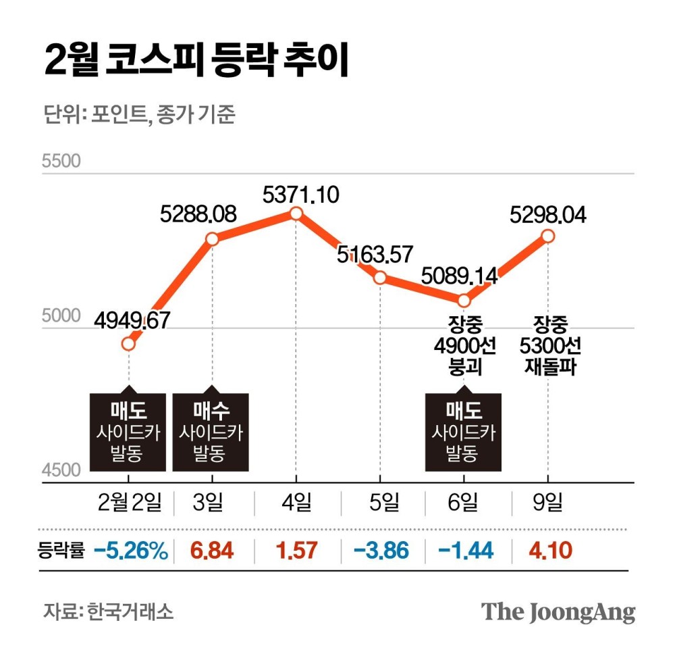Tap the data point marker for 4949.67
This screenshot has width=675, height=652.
tap(128, 344)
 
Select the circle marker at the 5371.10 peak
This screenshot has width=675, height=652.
tap(296, 214)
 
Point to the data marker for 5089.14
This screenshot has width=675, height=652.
tap(464, 300)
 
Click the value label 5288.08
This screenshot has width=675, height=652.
tap(198, 215)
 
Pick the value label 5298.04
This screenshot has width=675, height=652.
tap(548, 215)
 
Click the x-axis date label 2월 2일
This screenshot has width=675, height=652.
tap(130, 502)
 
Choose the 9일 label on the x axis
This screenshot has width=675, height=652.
tap(547, 502)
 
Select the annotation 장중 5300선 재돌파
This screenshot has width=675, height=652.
tap(547, 345)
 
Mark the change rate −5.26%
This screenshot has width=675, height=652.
tap(130, 551)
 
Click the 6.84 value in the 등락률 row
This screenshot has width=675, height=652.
tap(212, 551)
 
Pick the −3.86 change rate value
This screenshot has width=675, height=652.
tap(381, 551)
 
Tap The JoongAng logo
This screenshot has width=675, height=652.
tap(558, 612)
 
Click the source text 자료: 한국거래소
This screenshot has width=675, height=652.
tap(108, 612)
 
